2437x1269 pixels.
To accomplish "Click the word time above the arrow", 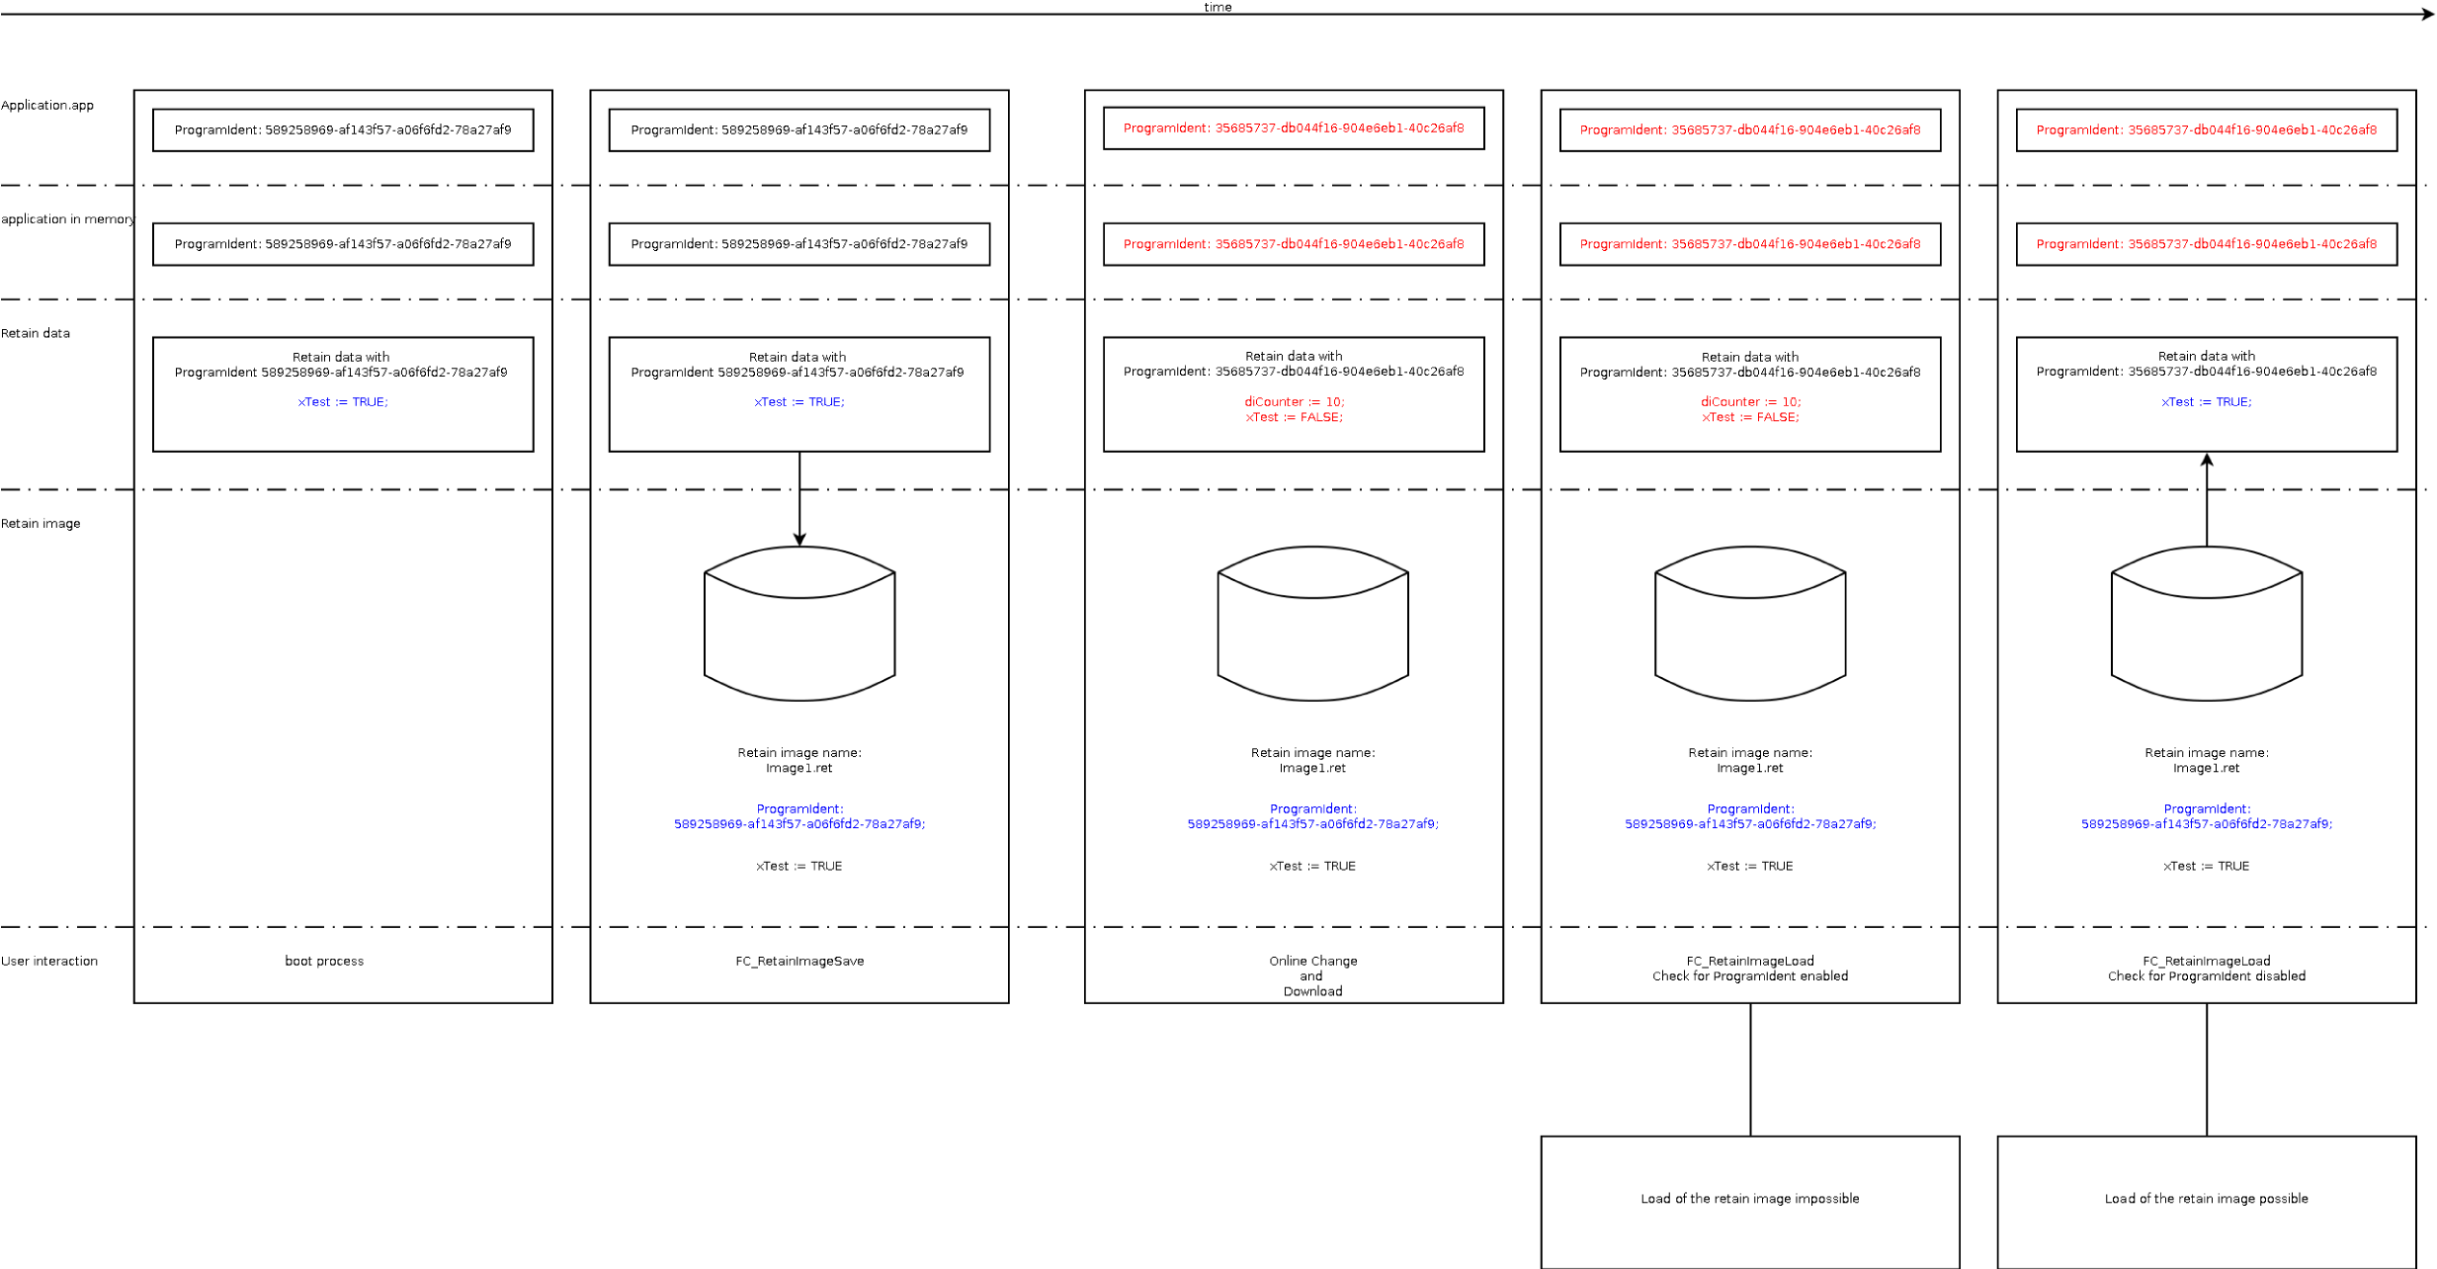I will [1217, 7].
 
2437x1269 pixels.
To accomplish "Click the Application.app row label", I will [47, 106].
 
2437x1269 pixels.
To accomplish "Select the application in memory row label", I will [67, 219].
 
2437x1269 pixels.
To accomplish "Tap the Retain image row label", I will [41, 524].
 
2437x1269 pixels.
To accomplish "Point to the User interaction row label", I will [49, 962].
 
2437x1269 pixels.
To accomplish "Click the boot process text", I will [324, 962].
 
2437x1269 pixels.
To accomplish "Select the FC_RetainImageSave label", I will [798, 962].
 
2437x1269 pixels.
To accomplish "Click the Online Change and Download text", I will [1312, 976].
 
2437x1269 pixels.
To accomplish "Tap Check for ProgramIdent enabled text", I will [1749, 977].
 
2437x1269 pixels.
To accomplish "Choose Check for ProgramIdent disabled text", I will [2206, 977].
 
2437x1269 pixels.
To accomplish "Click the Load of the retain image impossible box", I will [1749, 1200].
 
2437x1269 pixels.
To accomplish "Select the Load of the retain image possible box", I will [2206, 1200].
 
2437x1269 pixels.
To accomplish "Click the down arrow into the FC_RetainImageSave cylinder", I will [799, 499].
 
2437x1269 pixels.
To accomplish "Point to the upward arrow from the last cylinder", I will [2207, 499].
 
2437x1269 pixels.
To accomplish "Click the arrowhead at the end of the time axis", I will [2427, 14].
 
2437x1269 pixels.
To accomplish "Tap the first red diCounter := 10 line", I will [1294, 402].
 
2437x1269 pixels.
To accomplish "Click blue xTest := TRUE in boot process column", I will [343, 402].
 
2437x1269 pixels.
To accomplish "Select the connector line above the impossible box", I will [1750, 1069].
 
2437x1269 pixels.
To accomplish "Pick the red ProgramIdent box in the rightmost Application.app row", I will [2206, 130].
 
